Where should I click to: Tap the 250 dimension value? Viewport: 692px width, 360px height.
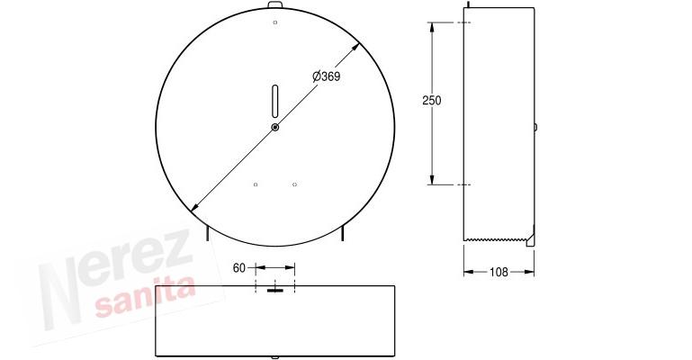click(432, 101)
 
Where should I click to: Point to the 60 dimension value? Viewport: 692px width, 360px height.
click(239, 267)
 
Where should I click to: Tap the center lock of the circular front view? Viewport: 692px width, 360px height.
click(275, 128)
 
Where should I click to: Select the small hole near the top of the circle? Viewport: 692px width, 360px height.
click(275, 22)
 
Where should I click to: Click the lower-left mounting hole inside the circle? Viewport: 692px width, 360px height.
click(256, 184)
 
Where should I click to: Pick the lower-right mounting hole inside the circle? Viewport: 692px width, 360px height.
click(294, 184)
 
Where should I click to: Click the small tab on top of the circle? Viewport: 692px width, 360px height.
click(275, 6)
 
